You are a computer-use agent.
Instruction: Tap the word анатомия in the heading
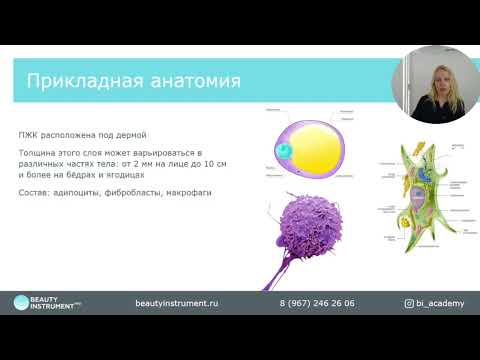tap(190, 79)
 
